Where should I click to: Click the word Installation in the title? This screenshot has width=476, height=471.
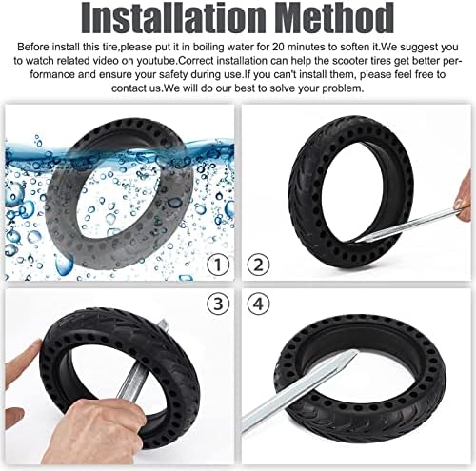(x=172, y=18)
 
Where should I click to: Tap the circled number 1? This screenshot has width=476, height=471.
(x=218, y=265)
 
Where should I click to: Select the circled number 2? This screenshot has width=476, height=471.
(x=258, y=265)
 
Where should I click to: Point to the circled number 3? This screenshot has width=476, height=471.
(x=218, y=304)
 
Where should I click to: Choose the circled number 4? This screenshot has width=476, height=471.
(x=258, y=304)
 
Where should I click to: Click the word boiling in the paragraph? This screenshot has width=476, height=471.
(x=208, y=48)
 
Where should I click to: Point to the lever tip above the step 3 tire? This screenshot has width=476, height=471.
(x=164, y=324)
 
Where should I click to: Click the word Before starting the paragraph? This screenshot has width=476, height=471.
(x=33, y=47)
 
